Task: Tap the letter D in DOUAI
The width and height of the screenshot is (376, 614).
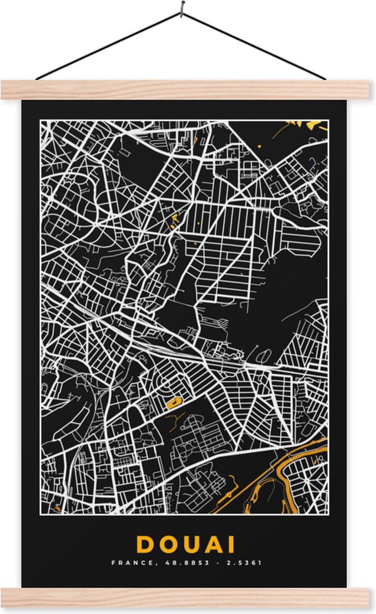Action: coord(146,544)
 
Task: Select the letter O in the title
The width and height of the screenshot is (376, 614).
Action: coord(169,544)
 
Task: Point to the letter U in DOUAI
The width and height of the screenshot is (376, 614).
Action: coord(193,544)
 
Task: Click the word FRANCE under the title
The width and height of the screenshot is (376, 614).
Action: coord(127,563)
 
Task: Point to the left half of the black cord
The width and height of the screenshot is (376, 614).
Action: coord(107,46)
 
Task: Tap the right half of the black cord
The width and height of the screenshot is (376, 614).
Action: coord(256,46)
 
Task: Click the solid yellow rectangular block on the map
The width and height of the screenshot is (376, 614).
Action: coord(174,404)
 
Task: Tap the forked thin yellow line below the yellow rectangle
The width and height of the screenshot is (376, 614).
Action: coord(174,421)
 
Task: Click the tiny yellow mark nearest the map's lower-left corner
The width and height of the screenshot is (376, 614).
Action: coord(57,508)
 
